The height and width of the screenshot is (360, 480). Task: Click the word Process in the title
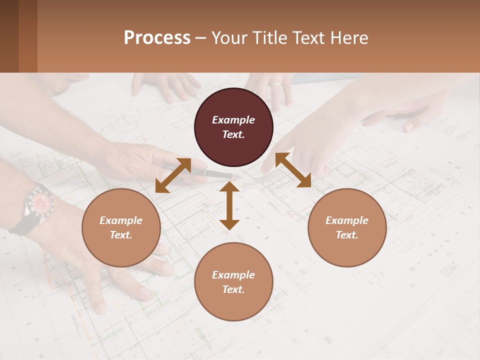pyautogui.click(x=157, y=38)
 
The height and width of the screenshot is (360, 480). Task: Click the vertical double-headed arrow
pyautogui.click(x=229, y=205)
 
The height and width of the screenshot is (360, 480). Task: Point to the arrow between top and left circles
pyautogui.click(x=173, y=175)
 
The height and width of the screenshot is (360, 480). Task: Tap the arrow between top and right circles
pyautogui.click(x=293, y=170)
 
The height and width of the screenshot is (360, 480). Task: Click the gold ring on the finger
pyautogui.click(x=275, y=84)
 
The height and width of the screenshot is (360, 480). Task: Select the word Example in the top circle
pyautogui.click(x=233, y=120)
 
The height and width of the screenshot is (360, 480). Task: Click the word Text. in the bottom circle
pyautogui.click(x=233, y=289)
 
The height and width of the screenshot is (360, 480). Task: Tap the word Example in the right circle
pyautogui.click(x=347, y=220)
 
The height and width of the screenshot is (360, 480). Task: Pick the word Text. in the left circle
pyautogui.click(x=121, y=235)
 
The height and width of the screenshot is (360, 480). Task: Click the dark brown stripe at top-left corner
pyautogui.click(x=9, y=36)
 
